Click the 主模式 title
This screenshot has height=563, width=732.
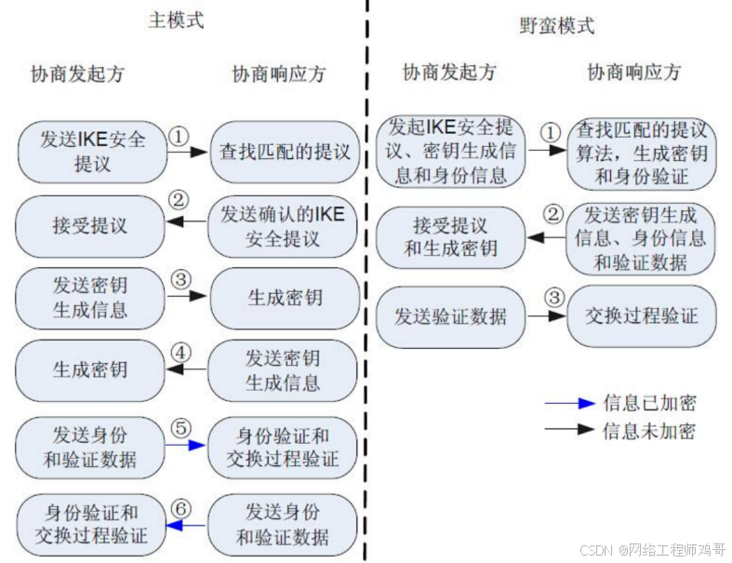(176, 20)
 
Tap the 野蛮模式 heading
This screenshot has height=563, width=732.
(556, 26)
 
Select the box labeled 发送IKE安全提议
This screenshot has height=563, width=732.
(92, 151)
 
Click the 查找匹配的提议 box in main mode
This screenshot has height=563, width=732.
(284, 151)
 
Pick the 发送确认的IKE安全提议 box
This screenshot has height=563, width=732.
(283, 226)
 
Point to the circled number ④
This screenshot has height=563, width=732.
(181, 355)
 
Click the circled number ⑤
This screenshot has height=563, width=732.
(181, 427)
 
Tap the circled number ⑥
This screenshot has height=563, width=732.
(181, 508)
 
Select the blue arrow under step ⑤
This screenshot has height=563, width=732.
(185, 446)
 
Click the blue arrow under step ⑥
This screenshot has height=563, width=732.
(185, 527)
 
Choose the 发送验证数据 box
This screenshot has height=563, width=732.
(450, 316)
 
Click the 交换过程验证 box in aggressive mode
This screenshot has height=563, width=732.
(642, 316)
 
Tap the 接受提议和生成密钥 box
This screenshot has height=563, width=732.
(450, 237)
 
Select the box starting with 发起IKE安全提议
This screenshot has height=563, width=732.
(450, 151)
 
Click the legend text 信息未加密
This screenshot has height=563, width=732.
(649, 430)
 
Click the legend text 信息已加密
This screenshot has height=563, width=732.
(649, 403)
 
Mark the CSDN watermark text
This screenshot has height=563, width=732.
(650, 549)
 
